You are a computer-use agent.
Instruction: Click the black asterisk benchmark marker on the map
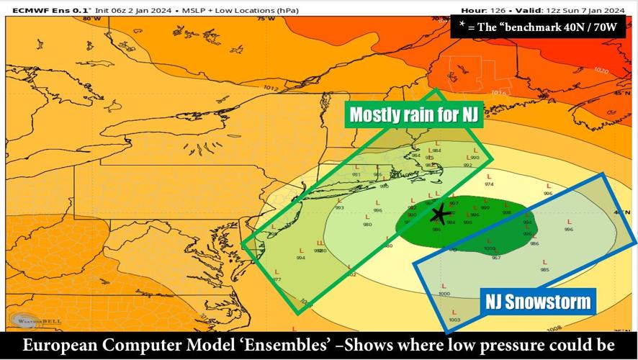pyautogui.click(x=438, y=214)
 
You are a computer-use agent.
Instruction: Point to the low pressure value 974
pyautogui.click(x=489, y=184)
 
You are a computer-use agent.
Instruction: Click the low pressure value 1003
pyautogui.click(x=454, y=320)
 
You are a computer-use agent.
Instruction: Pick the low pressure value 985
pyautogui.click(x=544, y=270)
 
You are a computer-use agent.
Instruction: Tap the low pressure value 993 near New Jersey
pyautogui.click(x=339, y=208)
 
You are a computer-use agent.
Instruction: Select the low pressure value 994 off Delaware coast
pyautogui.click(x=300, y=258)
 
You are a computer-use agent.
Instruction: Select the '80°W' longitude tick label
pyautogui.click(x=91, y=19)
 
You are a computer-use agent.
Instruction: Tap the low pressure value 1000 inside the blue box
pyautogui.click(x=444, y=294)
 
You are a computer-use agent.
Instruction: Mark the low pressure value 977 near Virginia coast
pyautogui.click(x=277, y=279)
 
